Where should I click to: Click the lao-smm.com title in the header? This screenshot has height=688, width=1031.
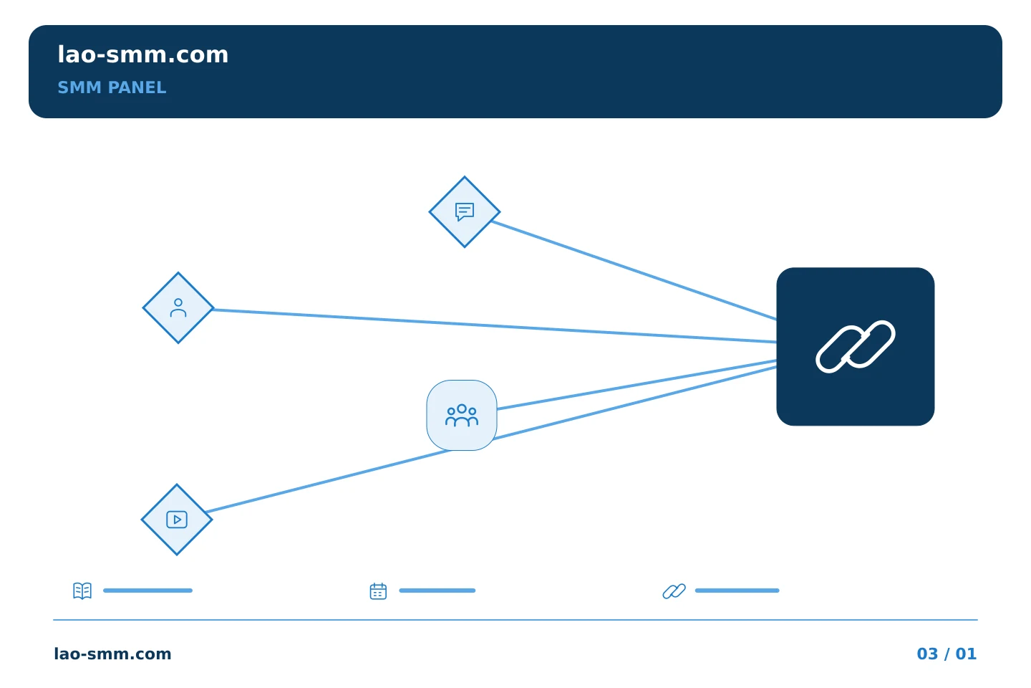tap(142, 55)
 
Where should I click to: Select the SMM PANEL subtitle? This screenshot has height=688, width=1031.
tap(112, 87)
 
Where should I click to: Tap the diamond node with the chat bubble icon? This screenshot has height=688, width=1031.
tap(465, 212)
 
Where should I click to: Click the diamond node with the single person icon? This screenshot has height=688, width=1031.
tap(178, 308)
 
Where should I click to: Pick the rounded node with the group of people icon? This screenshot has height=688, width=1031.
tap(462, 415)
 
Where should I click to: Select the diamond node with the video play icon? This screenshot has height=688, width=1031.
tap(177, 520)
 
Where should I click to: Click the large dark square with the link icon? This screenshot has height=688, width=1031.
tap(855, 347)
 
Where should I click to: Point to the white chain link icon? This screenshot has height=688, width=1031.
tap(855, 347)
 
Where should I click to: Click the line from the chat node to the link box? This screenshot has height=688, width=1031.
tap(634, 270)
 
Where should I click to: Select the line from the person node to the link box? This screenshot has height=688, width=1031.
tap(495, 326)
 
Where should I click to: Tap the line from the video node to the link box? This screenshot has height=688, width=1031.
tap(491, 439)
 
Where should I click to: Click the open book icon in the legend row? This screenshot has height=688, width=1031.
tap(82, 591)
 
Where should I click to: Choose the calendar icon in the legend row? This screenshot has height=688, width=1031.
tap(378, 591)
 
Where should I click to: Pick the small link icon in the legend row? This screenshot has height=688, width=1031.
tap(674, 591)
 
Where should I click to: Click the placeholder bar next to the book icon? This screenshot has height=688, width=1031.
tap(147, 591)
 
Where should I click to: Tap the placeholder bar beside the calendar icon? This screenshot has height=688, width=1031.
tap(437, 591)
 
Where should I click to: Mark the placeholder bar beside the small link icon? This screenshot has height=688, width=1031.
tap(737, 591)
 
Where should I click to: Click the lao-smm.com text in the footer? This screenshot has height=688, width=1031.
tap(113, 654)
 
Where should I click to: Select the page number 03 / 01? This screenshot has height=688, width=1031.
tap(947, 654)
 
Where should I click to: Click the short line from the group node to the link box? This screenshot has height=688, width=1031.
tap(637, 385)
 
